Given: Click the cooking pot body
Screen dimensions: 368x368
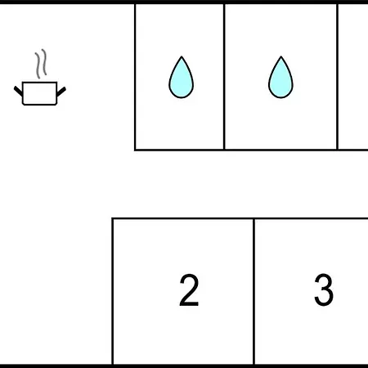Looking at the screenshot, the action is click(40, 93).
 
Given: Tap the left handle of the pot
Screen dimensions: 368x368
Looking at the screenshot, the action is click(19, 91).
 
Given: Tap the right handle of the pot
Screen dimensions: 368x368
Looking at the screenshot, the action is click(61, 92).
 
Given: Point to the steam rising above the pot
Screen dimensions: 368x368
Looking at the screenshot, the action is click(41, 64).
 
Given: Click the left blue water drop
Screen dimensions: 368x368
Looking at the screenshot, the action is click(182, 79).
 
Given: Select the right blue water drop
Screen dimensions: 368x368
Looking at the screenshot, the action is click(280, 79).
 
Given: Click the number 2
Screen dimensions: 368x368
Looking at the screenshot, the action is click(189, 290).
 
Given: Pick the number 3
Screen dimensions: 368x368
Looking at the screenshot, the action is click(324, 290).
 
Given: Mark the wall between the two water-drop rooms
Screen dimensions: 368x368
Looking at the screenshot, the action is click(224, 77).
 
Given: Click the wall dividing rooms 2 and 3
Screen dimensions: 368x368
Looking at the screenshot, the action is click(254, 291).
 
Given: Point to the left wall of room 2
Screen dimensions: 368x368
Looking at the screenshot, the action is click(112, 291).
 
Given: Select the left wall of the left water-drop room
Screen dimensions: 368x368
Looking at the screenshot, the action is click(135, 77).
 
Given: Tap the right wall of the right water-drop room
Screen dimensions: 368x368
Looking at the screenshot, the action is click(338, 77).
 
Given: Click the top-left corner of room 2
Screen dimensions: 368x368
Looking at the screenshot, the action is click(112, 218).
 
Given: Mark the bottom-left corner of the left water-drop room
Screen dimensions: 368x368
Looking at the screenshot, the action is click(135, 150).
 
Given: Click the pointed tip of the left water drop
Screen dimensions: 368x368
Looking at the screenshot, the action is click(182, 56).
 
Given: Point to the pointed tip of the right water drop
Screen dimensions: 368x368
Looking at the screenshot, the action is click(281, 56).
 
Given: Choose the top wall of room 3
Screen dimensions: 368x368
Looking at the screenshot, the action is click(311, 218).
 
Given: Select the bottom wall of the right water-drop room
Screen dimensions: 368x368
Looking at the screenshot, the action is click(280, 150).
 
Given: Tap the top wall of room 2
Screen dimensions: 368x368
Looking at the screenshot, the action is click(183, 218).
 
